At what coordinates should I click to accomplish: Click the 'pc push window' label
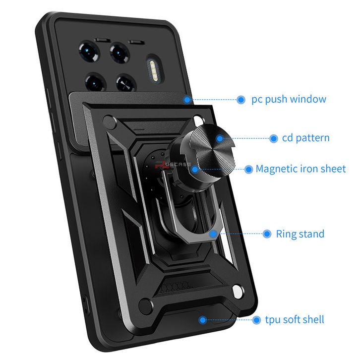pyautogui.click(x=289, y=99)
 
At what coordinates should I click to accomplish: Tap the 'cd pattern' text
pyautogui.click(x=305, y=138)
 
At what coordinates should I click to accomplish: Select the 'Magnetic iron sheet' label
pyautogui.click(x=300, y=169)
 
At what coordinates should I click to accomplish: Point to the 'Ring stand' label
pyautogui.click(x=300, y=234)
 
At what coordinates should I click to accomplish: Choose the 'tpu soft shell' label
pyautogui.click(x=295, y=320)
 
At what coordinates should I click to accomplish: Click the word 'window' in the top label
pyautogui.click(x=308, y=99)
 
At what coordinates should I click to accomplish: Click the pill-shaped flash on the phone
pyautogui.click(x=155, y=68)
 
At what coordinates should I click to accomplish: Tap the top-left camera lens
pyautogui.click(x=89, y=52)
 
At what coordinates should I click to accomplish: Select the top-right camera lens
pyautogui.click(x=120, y=53)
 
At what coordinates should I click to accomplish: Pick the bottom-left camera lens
pyautogui.click(x=95, y=82)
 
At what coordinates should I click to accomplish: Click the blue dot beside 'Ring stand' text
pyautogui.click(x=267, y=234)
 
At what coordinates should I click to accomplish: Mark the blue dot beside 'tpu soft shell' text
pyautogui.click(x=256, y=320)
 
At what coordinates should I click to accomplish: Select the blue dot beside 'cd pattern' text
pyautogui.click(x=273, y=138)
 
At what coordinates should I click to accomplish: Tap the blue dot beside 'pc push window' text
pyautogui.click(x=241, y=100)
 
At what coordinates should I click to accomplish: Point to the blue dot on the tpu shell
pyautogui.click(x=202, y=320)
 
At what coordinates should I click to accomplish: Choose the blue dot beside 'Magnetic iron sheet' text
pyautogui.click(x=248, y=170)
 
